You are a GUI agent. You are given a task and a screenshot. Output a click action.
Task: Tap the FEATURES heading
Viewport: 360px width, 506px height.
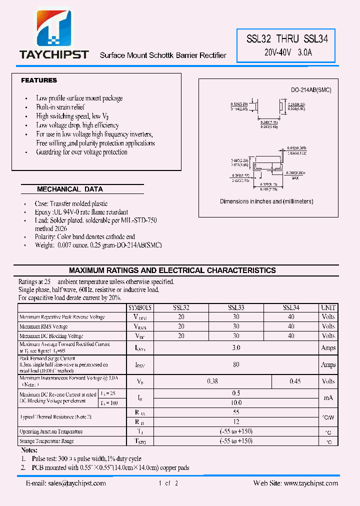[39, 80]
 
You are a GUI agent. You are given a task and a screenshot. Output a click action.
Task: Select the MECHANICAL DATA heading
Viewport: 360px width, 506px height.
[70, 189]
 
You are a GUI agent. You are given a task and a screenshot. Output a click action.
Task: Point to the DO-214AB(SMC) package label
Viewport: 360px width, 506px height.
[311, 90]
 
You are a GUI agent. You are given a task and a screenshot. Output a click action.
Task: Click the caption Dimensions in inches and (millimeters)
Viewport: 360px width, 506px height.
[266, 201]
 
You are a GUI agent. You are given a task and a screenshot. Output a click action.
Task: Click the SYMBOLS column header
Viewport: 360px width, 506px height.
[139, 308]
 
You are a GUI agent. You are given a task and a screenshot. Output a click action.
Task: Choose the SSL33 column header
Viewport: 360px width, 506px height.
[236, 308]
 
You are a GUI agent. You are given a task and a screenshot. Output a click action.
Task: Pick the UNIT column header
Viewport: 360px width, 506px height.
[328, 308]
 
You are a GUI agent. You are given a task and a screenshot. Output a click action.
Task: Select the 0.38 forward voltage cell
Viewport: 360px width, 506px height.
[213, 381]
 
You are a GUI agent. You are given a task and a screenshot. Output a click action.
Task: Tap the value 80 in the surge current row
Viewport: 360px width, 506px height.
[236, 364]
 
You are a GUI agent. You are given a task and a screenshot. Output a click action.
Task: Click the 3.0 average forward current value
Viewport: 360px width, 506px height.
[236, 347]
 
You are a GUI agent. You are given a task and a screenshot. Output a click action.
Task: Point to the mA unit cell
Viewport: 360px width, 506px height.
[328, 398]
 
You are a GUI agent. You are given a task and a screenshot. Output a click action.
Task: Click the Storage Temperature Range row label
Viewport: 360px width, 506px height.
[46, 441]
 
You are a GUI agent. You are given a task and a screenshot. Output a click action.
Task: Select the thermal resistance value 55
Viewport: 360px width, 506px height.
[236, 412]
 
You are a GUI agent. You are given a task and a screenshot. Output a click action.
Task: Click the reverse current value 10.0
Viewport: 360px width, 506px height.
[236, 402]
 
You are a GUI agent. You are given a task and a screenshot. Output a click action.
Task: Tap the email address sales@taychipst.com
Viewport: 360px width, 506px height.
[66, 483]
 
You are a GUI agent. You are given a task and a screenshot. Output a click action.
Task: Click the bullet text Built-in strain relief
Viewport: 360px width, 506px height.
[60, 107]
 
